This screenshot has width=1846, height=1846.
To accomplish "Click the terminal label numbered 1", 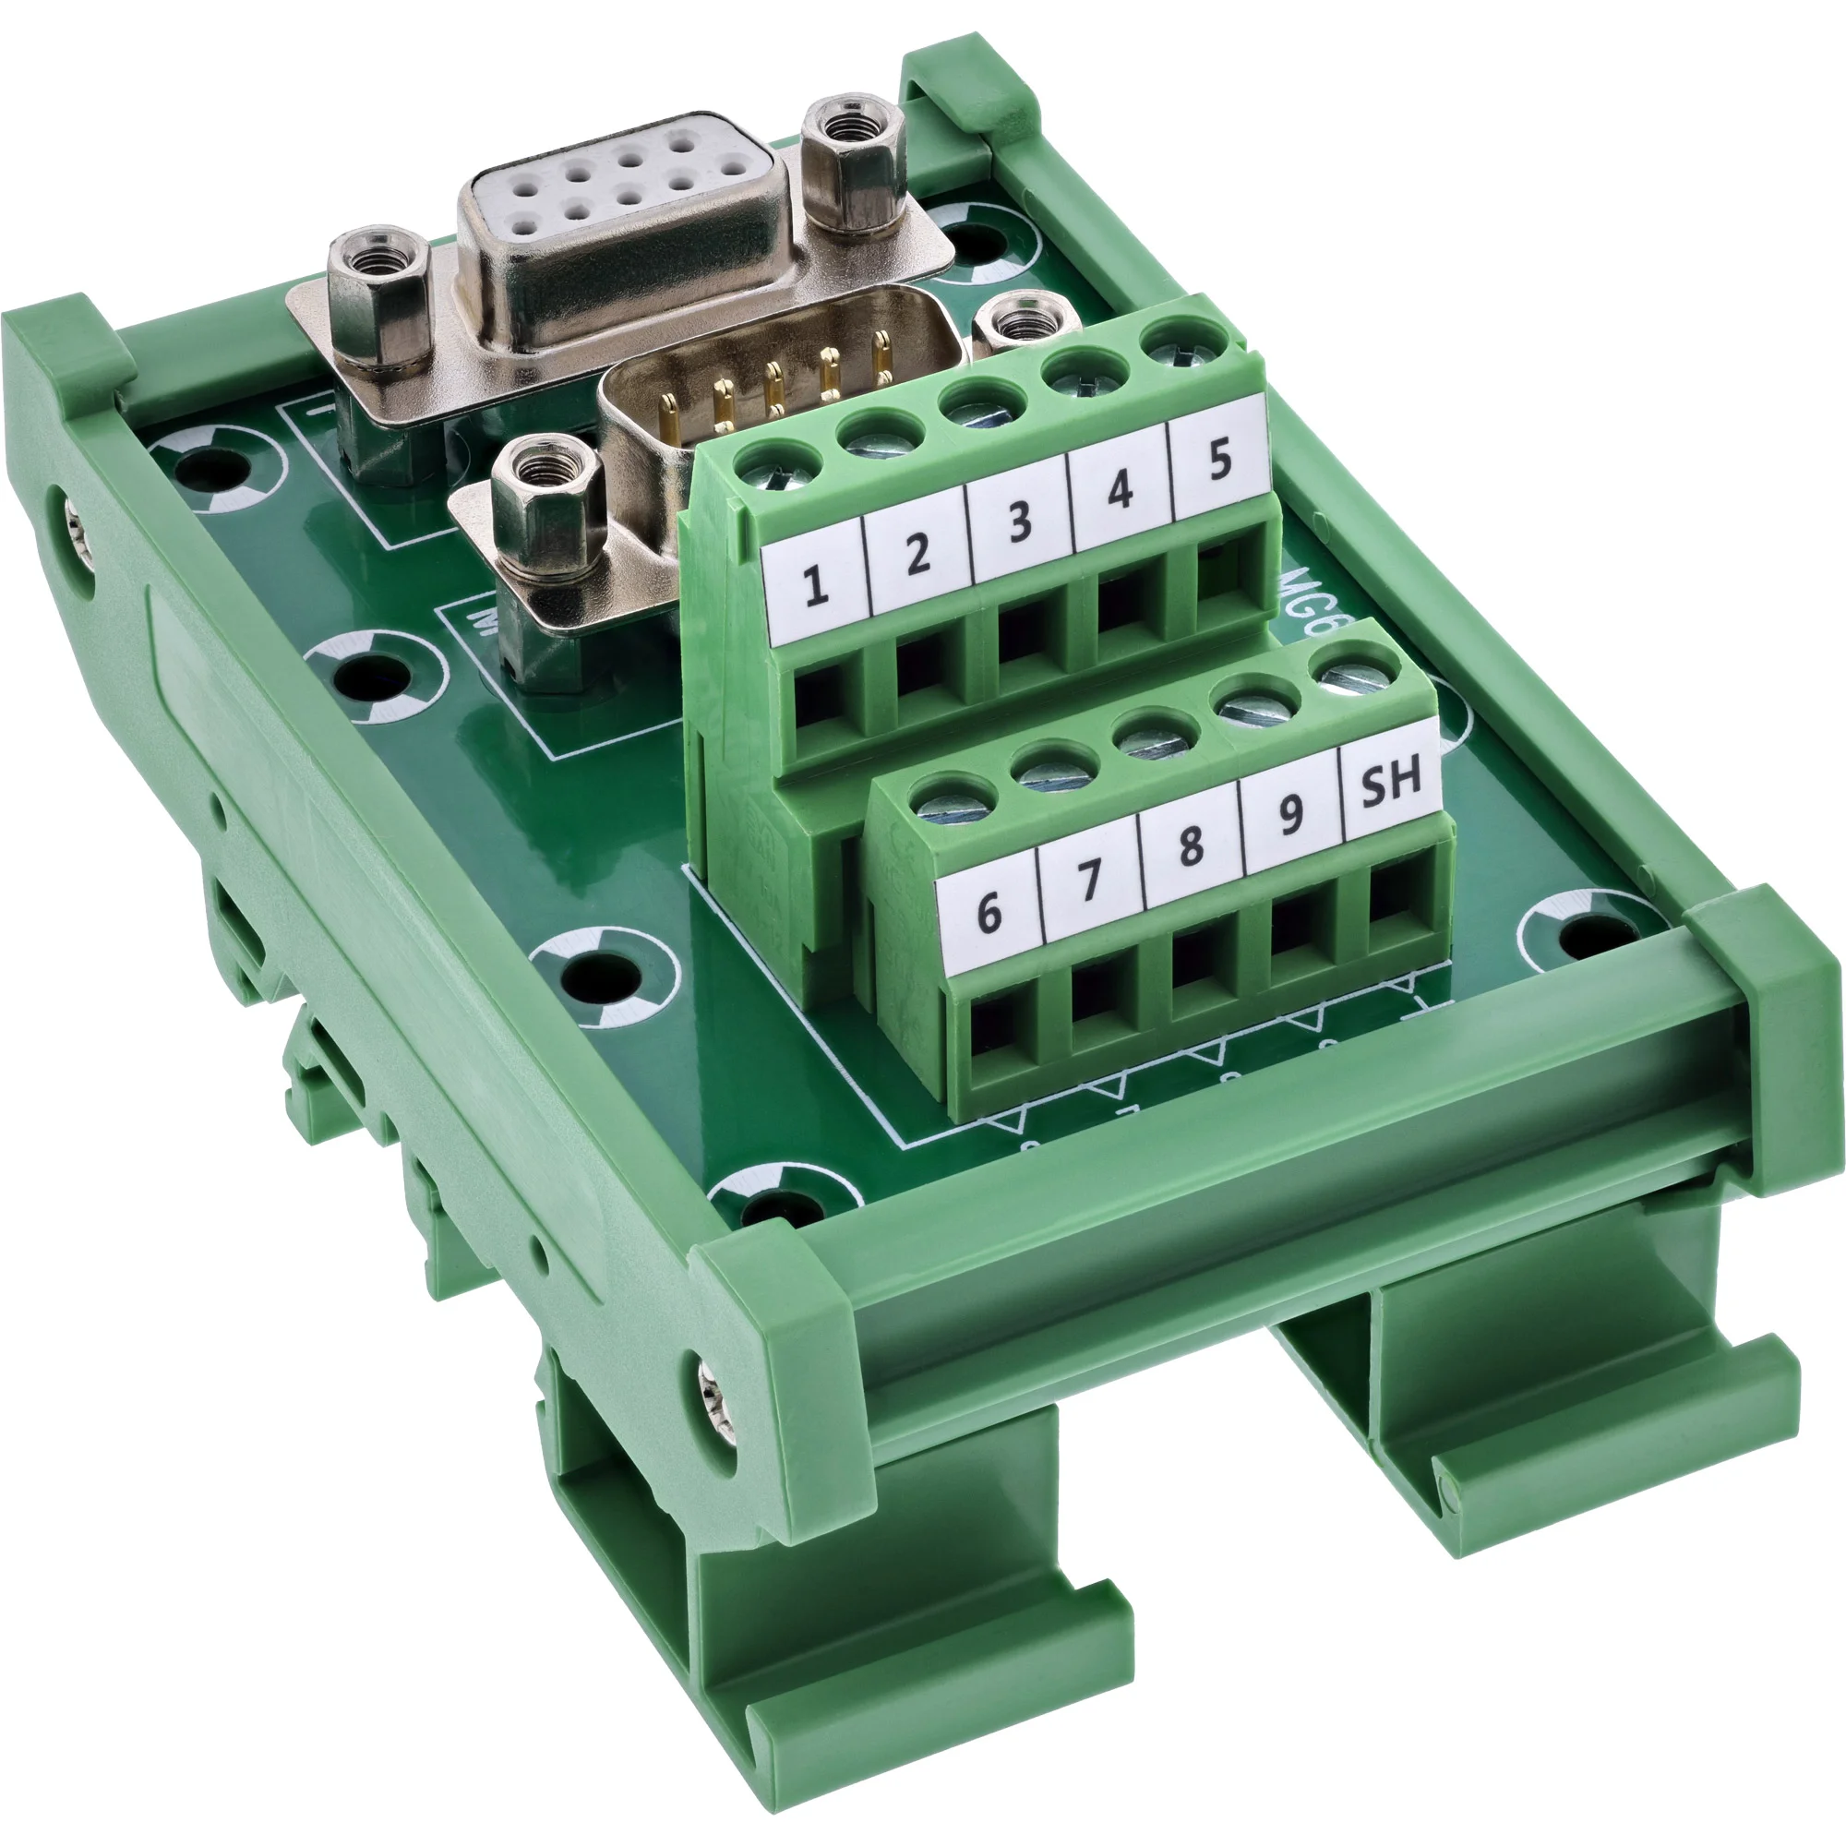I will tap(815, 584).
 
